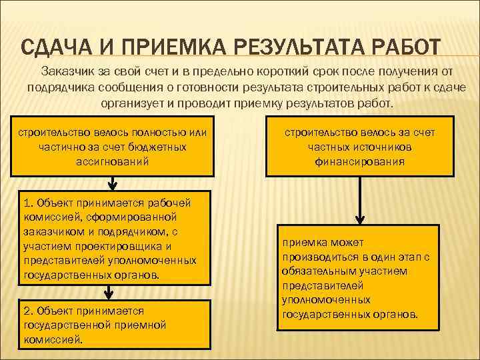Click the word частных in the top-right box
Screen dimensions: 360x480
pyautogui.click(x=331, y=147)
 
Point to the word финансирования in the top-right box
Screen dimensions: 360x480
pyautogui.click(x=360, y=161)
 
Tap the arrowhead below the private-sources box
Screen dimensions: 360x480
pyautogui.click(x=360, y=217)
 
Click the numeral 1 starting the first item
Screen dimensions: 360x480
pyautogui.click(x=26, y=203)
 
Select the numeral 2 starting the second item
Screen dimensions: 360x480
pyautogui.click(x=26, y=311)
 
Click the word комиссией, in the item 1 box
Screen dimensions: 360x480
pyautogui.click(x=49, y=217)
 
